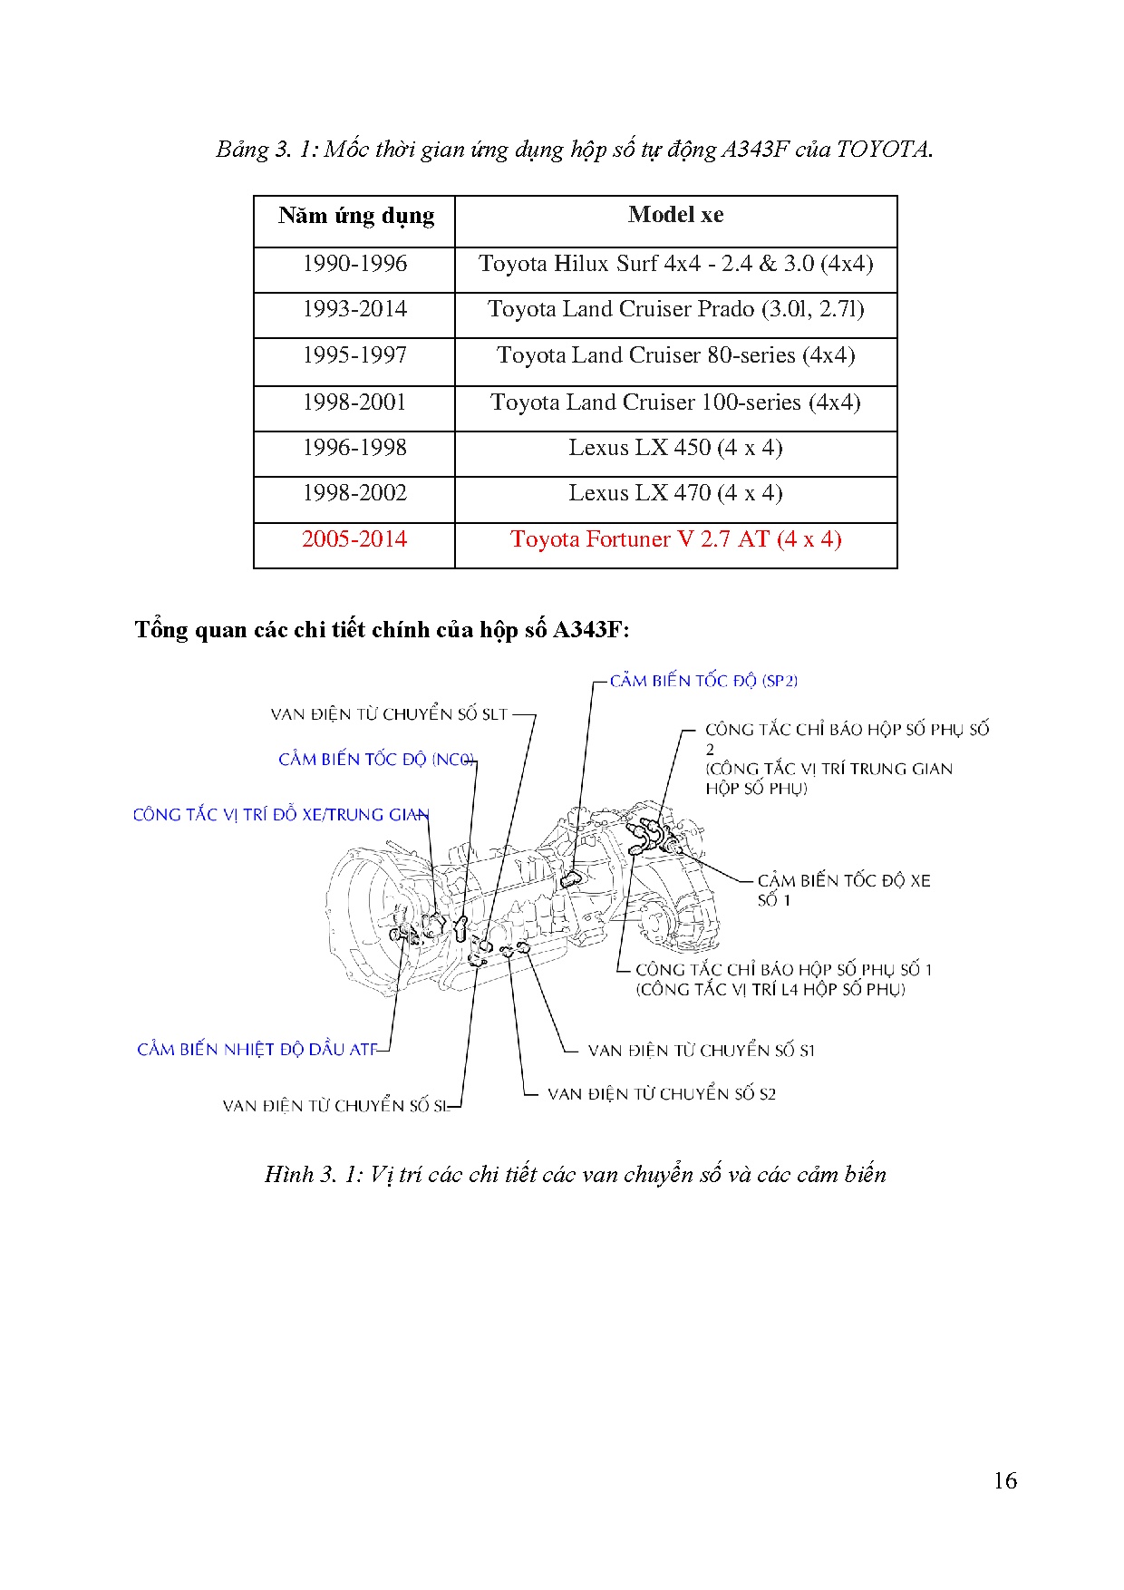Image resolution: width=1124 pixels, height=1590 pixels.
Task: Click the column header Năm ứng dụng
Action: [355, 216]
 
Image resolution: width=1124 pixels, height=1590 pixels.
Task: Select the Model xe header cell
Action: [675, 215]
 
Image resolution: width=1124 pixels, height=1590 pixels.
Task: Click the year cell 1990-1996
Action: [354, 264]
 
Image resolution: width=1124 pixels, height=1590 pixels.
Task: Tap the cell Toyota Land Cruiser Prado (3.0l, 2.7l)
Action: [675, 309]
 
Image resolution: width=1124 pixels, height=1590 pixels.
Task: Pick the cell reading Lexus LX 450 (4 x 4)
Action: [675, 448]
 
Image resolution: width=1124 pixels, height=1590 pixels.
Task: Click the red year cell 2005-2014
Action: [354, 539]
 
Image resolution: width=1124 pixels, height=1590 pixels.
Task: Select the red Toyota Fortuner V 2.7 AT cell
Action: [675, 539]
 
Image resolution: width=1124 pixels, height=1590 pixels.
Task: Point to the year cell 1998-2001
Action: [354, 402]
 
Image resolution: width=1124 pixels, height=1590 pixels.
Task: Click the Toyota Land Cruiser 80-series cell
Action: [675, 355]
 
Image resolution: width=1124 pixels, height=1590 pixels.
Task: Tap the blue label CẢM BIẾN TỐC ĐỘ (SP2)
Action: [703, 681]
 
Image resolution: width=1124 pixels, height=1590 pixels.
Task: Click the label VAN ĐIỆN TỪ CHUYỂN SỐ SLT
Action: [389, 714]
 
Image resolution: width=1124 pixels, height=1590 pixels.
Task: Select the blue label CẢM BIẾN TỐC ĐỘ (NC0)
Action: [376, 760]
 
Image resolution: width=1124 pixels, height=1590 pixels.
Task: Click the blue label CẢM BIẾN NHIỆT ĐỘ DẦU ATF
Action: [257, 1050]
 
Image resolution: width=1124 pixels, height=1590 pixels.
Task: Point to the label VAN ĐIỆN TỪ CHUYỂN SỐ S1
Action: [701, 1051]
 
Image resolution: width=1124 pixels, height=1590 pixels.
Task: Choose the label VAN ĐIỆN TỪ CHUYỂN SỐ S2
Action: [661, 1094]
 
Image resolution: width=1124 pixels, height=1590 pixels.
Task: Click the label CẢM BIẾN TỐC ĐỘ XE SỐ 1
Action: [843, 889]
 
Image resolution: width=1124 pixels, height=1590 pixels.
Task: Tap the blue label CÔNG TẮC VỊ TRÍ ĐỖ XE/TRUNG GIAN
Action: [281, 815]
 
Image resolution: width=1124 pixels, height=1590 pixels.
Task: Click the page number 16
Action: [1004, 1481]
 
